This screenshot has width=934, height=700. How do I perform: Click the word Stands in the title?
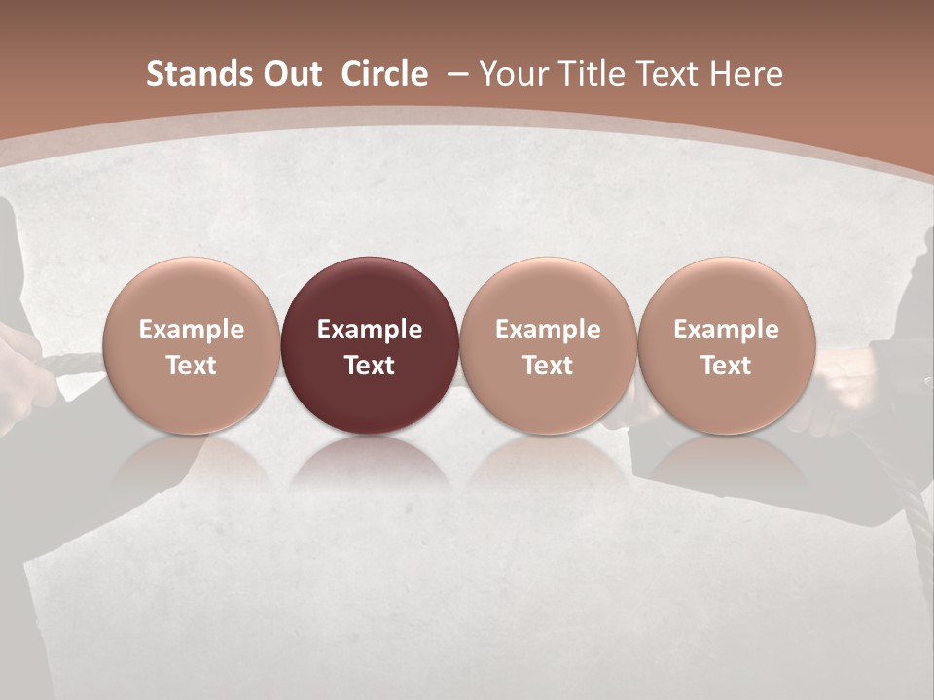(192, 74)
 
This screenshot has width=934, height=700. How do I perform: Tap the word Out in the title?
(289, 74)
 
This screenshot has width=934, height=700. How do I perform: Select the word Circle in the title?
(384, 74)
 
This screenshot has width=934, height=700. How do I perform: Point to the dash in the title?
(457, 74)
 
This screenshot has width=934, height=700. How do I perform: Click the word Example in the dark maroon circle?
(370, 330)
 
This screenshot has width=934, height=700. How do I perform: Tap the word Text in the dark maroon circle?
(370, 366)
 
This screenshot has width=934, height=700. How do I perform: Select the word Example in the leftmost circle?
(192, 330)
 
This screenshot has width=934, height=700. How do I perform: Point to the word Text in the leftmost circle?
(192, 366)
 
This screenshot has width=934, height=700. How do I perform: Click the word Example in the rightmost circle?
(727, 330)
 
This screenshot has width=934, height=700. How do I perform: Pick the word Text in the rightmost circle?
(727, 366)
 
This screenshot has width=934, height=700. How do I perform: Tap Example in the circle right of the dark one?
(548, 330)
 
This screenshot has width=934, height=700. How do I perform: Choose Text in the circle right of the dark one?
(548, 366)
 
